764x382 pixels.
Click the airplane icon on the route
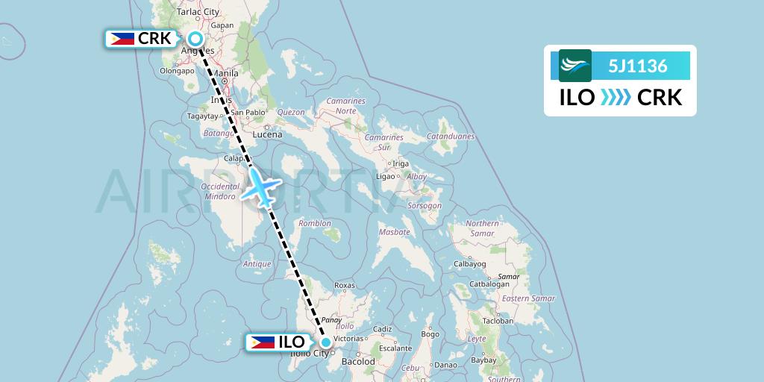coord(261,186)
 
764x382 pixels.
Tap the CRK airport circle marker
coord(195,39)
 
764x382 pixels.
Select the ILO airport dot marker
coord(326,342)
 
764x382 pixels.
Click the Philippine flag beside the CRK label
coord(121,39)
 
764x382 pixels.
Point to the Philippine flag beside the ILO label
coord(262,342)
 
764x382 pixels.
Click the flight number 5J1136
coord(637,66)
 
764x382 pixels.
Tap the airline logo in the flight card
coord(575,66)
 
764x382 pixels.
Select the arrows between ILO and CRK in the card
coord(616,98)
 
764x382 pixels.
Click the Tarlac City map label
coord(198,12)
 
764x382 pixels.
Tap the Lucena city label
coord(268,134)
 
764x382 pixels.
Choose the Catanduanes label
coord(450,137)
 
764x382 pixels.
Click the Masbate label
coord(394,232)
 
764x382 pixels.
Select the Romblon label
coord(314,223)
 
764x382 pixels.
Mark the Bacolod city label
coord(358,361)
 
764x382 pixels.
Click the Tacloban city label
coord(498,321)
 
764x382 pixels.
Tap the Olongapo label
coord(177,71)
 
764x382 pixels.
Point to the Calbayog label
coord(470,263)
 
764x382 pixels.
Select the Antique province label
coord(257,263)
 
